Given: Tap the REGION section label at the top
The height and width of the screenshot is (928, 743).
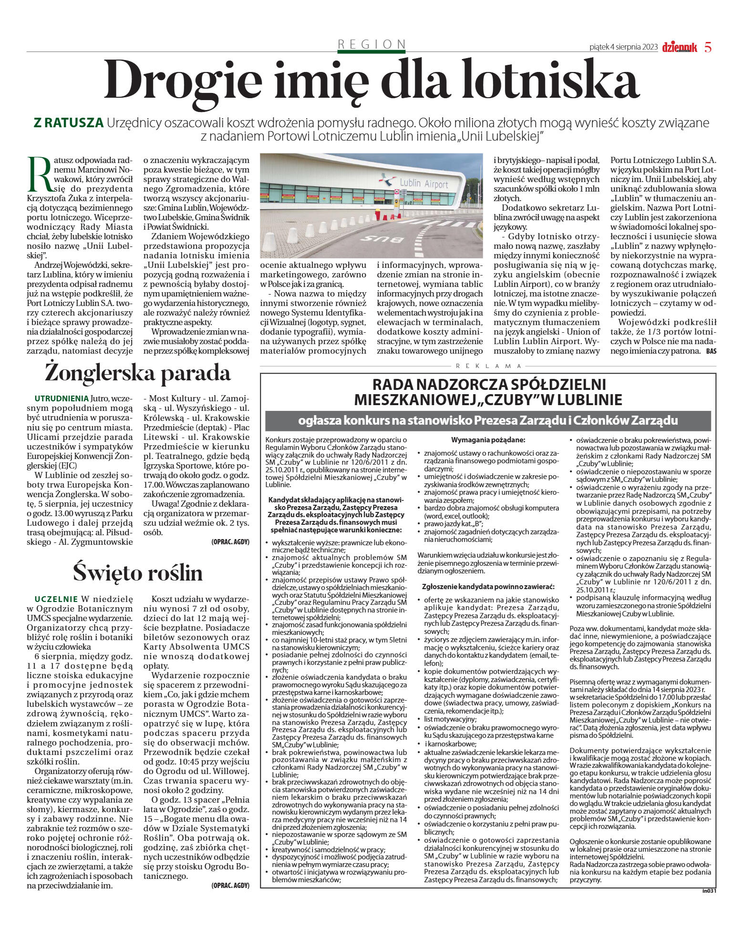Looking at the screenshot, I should pyautogui.click(x=371, y=44).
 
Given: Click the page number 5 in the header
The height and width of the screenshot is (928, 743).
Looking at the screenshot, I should pyautogui.click(x=708, y=47).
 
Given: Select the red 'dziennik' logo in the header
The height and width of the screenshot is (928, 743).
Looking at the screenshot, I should pyautogui.click(x=679, y=47).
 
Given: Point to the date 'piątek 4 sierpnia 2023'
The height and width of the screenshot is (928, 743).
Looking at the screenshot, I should pyautogui.click(x=623, y=47).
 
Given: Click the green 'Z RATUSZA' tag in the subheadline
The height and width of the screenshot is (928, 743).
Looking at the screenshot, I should pyautogui.click(x=68, y=123).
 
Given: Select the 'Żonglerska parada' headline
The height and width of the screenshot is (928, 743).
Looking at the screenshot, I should pyautogui.click(x=138, y=373).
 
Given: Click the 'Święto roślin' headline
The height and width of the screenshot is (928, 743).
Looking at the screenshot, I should pyautogui.click(x=138, y=572).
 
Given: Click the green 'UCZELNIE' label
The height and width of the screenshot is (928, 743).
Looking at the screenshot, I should pyautogui.click(x=56, y=599).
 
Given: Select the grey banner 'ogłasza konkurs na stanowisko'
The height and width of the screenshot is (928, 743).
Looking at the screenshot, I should pyautogui.click(x=488, y=420).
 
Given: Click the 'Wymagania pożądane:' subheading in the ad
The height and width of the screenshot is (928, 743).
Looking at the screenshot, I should pyautogui.click(x=488, y=439).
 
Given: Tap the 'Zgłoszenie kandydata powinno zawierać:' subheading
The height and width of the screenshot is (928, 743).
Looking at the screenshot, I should pyautogui.click(x=488, y=586).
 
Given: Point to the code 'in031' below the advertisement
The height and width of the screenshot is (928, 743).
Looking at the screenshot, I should pyautogui.click(x=710, y=890).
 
